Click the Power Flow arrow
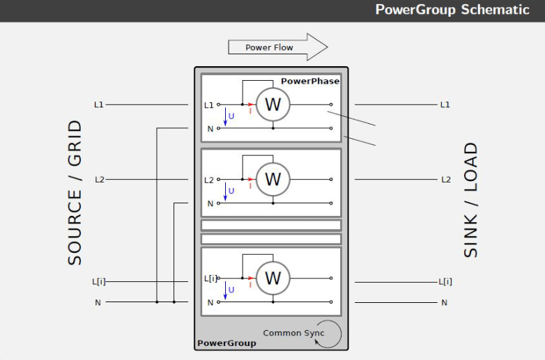click(x=277, y=47)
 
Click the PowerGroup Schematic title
click(x=452, y=10)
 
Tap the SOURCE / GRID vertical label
click(x=75, y=192)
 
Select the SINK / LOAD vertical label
click(x=471, y=200)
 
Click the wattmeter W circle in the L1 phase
click(x=272, y=104)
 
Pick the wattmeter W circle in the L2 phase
click(x=272, y=180)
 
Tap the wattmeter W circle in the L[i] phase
click(x=272, y=279)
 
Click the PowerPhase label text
click(x=310, y=81)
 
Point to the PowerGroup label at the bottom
click(x=227, y=343)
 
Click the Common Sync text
click(x=293, y=333)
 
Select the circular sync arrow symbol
click(x=329, y=334)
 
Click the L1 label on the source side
click(x=99, y=104)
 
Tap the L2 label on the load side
click(x=445, y=180)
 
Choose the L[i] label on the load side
click(x=445, y=282)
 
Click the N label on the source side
click(x=98, y=303)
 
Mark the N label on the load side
click(x=444, y=303)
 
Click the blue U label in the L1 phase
click(x=231, y=116)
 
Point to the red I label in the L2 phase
click(x=250, y=186)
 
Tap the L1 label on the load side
click(x=445, y=104)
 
